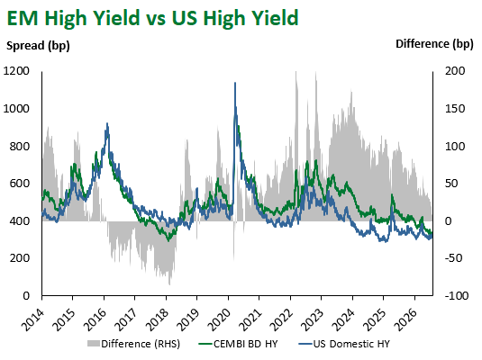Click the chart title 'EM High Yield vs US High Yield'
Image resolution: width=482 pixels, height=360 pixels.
pyautogui.click(x=152, y=18)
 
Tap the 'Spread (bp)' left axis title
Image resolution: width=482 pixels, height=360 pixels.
pyautogui.click(x=38, y=46)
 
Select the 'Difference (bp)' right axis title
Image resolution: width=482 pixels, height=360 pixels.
pyautogui.click(x=434, y=44)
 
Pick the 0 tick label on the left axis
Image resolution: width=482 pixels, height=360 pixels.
pyautogui.click(x=26, y=296)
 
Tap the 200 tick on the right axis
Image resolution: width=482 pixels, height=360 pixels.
pyautogui.click(x=455, y=71)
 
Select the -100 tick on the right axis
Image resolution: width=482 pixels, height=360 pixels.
pyautogui.click(x=457, y=296)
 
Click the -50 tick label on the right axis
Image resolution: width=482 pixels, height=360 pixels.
pyautogui.click(x=453, y=258)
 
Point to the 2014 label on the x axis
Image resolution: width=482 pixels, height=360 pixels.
pyautogui.click(x=33, y=319)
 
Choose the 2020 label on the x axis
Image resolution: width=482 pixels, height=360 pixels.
pyautogui.click(x=219, y=319)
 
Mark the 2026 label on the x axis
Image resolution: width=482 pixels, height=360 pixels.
pyautogui.click(x=405, y=319)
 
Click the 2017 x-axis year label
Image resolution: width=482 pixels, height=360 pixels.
pyautogui.click(x=126, y=319)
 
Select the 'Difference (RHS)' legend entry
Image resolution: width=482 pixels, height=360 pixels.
pyautogui.click(x=133, y=344)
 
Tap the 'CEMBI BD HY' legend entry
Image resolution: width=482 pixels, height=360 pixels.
pyautogui.click(x=238, y=344)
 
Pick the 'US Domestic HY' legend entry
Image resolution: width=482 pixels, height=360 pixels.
pyautogui.click(x=344, y=344)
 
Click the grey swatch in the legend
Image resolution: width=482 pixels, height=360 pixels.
pyautogui.click(x=94, y=344)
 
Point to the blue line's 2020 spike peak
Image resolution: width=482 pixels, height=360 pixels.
pyautogui.click(x=235, y=83)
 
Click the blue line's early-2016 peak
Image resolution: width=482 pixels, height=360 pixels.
pyautogui.click(x=107, y=123)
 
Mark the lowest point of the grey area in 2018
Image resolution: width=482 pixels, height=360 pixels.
pyautogui.click(x=169, y=284)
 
